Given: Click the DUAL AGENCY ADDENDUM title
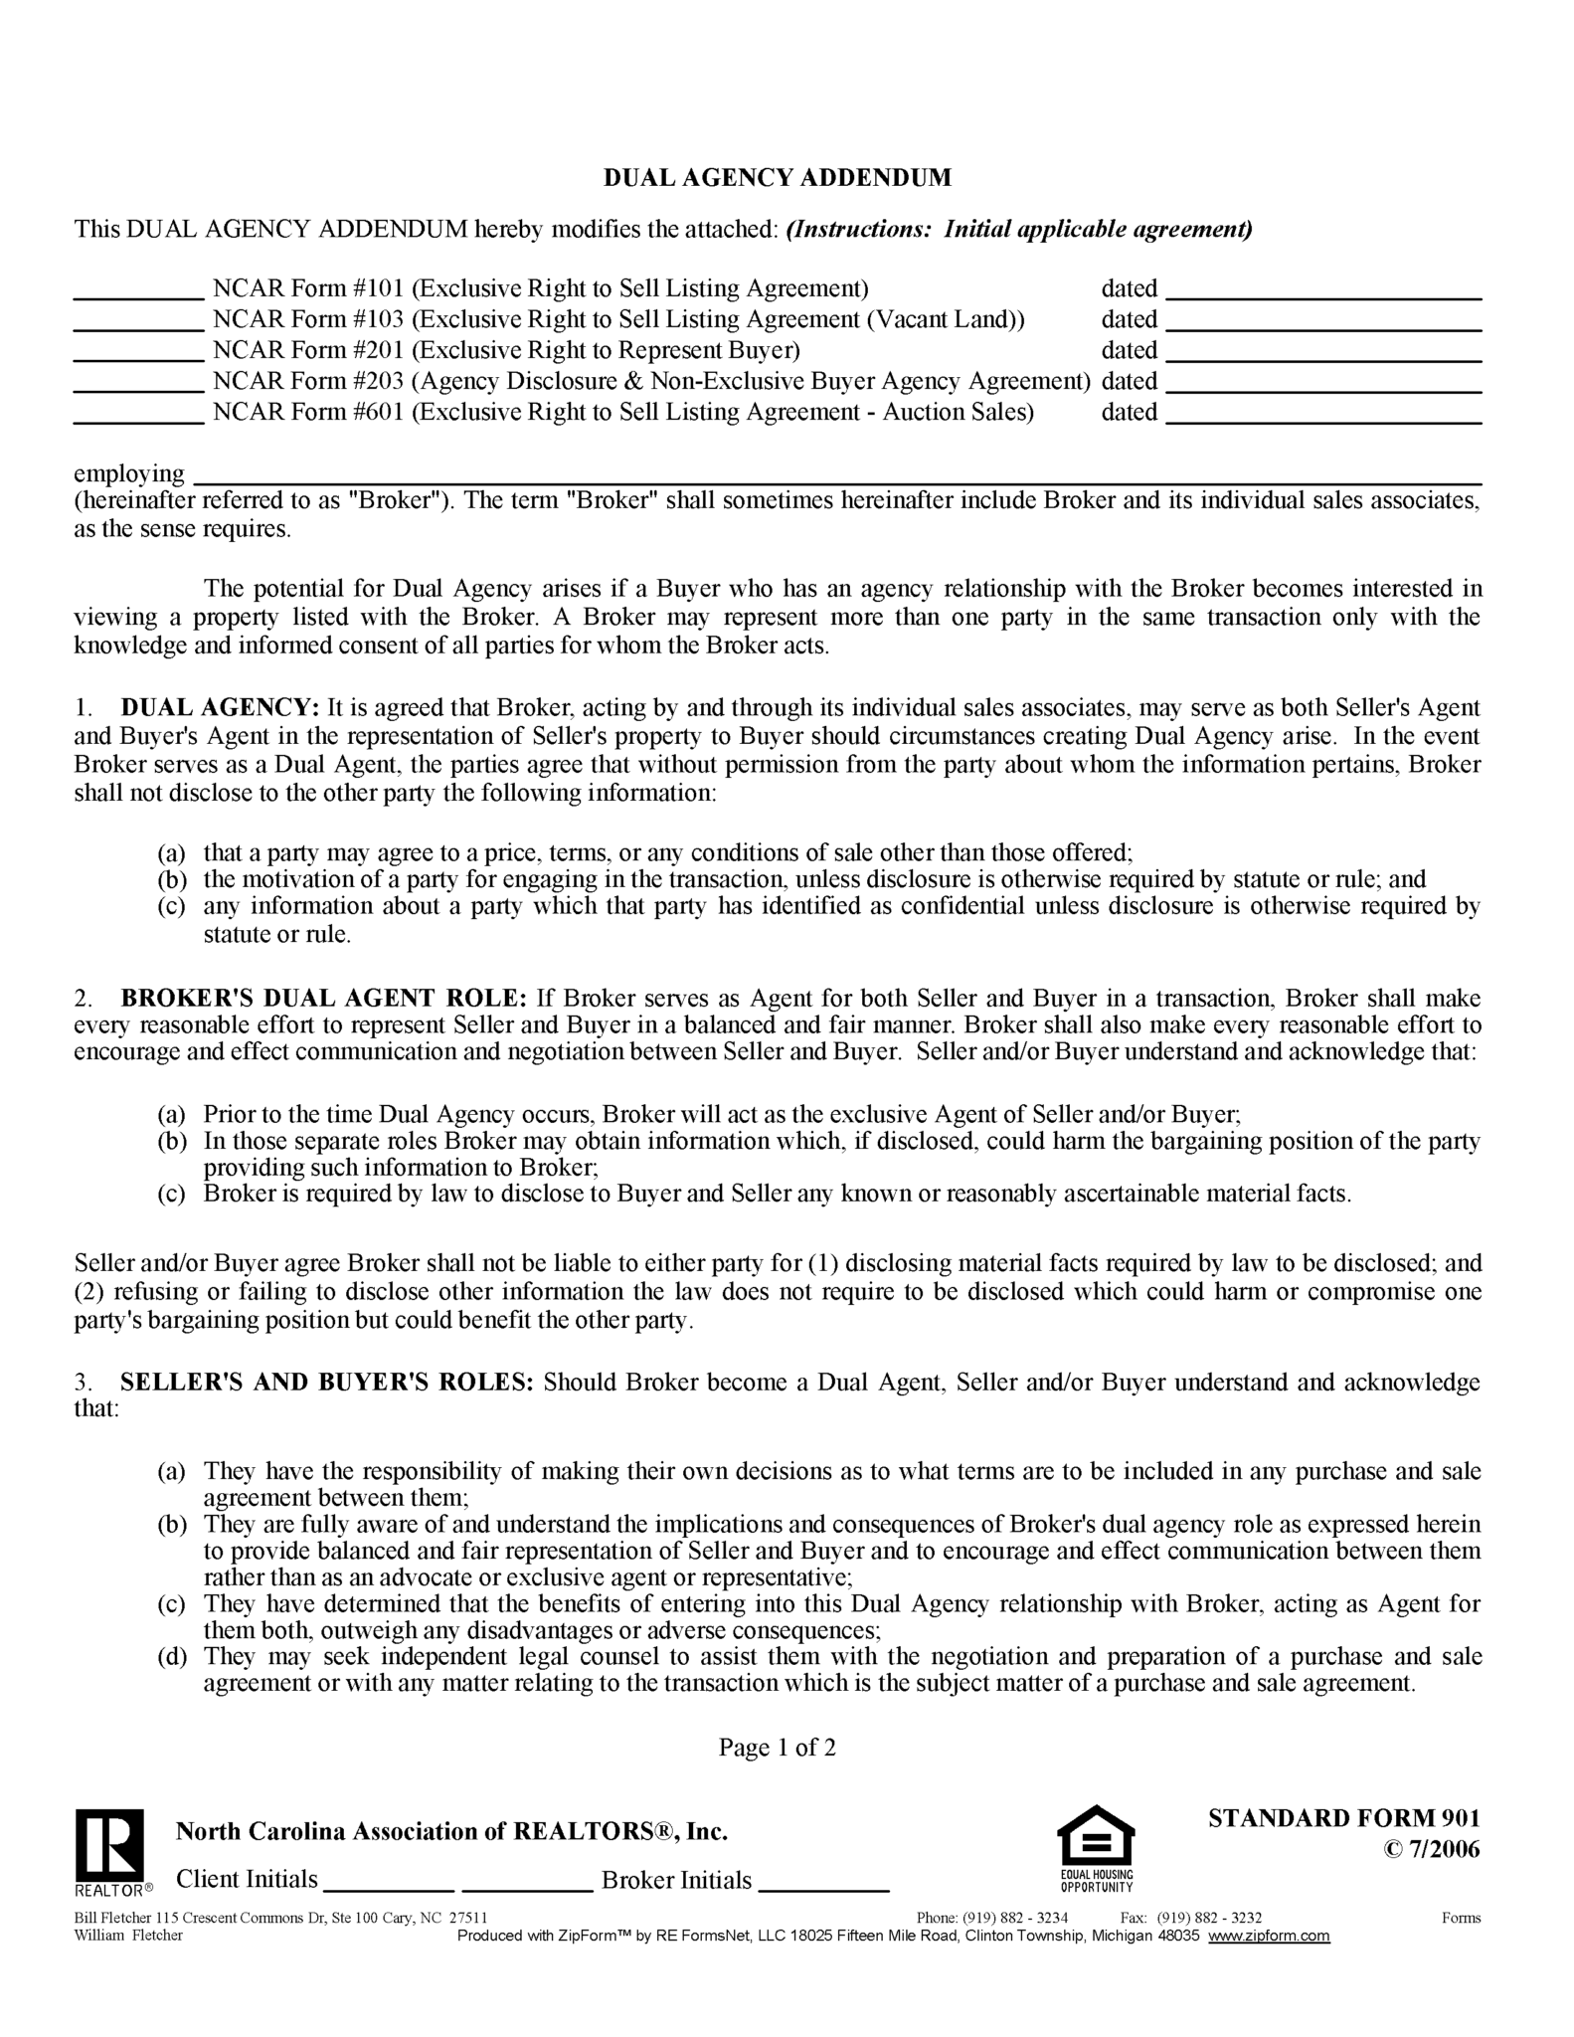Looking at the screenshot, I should coord(778,178).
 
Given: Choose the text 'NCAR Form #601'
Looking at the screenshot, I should coord(308,412).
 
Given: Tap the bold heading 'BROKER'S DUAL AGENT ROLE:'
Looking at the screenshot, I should coord(324,999).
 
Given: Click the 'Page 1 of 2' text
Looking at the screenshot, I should coord(778,1748).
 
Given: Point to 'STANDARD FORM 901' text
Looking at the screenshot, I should coord(1344,1818).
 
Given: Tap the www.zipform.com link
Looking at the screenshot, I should coord(1269,1936).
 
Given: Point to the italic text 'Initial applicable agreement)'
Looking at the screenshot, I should coord(1098,230).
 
